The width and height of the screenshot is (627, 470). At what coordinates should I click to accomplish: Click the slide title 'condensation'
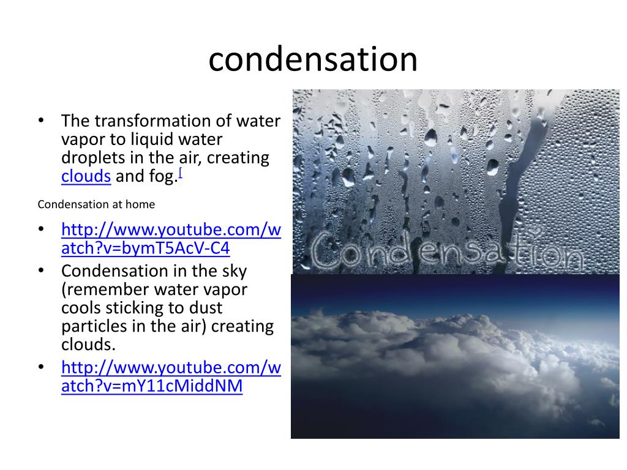[x=313, y=60]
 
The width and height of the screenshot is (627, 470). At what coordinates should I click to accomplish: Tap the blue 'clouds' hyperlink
[x=86, y=176]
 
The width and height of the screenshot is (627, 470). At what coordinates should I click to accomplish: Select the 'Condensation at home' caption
[x=96, y=204]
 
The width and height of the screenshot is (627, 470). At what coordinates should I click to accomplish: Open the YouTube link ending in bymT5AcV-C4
[x=171, y=239]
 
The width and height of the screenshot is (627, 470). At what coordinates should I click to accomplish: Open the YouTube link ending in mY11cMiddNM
[x=171, y=377]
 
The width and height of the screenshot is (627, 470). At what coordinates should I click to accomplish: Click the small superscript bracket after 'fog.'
[x=181, y=173]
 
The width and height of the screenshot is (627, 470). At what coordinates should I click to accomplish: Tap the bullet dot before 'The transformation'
[x=42, y=121]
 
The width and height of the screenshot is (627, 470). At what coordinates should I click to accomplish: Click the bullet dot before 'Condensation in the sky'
[x=42, y=270]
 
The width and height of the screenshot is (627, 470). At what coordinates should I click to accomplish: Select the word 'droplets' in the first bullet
[x=92, y=158]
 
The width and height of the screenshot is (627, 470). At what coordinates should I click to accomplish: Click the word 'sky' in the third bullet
[x=235, y=271]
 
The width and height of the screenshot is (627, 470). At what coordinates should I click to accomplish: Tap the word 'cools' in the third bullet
[x=80, y=308]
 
